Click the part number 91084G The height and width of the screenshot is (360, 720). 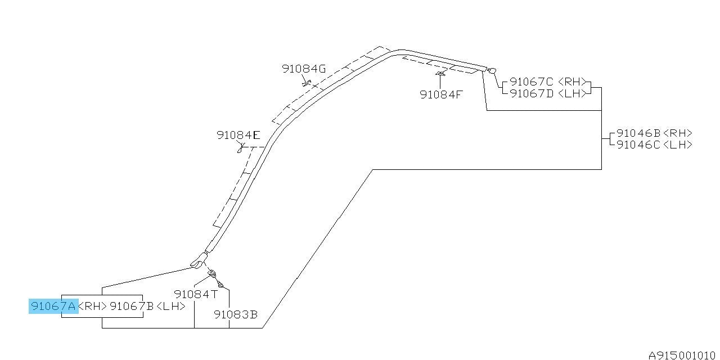pos(304,69)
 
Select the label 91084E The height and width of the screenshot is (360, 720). pos(238,135)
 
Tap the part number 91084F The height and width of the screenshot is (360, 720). pos(442,94)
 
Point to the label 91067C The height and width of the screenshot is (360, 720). pos(532,82)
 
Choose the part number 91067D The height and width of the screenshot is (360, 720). pos(532,93)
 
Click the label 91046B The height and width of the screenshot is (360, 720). pos(638,133)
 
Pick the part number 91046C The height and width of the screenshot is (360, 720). pos(638,145)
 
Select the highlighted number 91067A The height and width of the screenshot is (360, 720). pos(53,306)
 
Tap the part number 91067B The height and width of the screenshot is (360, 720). pos(132,306)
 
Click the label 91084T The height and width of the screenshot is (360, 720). pos(196,294)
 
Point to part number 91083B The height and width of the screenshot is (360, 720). pos(236,314)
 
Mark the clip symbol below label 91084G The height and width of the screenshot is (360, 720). pos(307,83)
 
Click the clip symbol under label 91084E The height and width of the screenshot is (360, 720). pos(241,148)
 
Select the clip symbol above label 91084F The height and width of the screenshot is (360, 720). pos(440,74)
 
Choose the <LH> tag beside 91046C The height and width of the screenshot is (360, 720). pos(678,145)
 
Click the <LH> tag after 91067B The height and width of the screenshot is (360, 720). pos(170,306)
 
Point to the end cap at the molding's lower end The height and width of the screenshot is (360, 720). pos(199,260)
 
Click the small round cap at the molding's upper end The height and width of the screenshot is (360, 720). pos(492,70)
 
